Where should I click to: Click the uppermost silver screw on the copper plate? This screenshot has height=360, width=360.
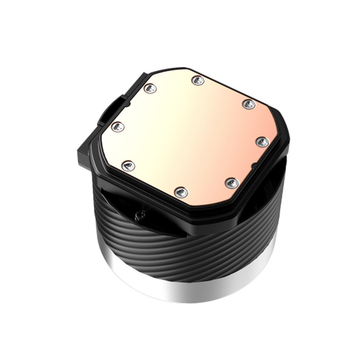pyautogui.click(x=198, y=80)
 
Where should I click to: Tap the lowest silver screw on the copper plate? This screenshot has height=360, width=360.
pyautogui.click(x=181, y=192)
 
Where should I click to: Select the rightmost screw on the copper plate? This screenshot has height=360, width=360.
pyautogui.click(x=262, y=142)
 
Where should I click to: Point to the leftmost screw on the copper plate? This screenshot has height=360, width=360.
pyautogui.click(x=118, y=127)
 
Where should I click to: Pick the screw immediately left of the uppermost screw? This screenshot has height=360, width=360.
pyautogui.click(x=150, y=88)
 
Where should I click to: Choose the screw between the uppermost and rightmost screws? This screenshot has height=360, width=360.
pyautogui.click(x=248, y=104)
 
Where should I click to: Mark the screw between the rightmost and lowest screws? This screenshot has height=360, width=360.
pyautogui.click(x=232, y=183)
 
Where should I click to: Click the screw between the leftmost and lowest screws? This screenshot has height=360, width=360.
pyautogui.click(x=128, y=166)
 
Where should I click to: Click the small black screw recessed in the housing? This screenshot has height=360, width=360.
pyautogui.click(x=139, y=215)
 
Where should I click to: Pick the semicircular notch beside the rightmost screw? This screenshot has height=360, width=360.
pyautogui.click(x=255, y=166)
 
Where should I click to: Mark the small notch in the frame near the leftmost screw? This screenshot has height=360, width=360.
pyautogui.click(x=127, y=104)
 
